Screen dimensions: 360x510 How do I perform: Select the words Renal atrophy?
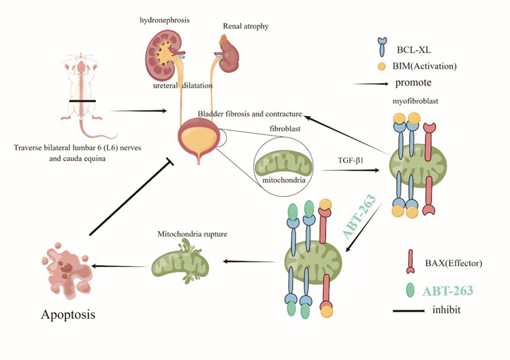(246, 26)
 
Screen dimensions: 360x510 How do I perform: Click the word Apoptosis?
(68, 314)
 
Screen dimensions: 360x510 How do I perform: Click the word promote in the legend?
(413, 83)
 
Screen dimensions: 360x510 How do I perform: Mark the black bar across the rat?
(82, 100)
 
